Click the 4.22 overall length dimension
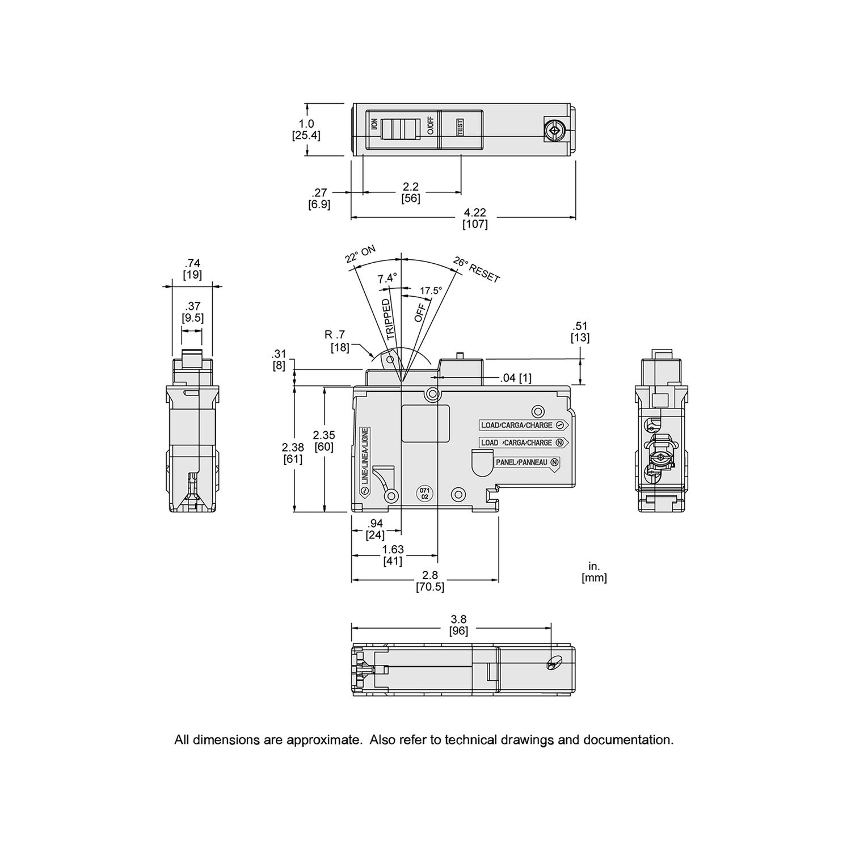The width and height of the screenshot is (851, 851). click(475, 218)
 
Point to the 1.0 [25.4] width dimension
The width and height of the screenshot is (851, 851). click(306, 129)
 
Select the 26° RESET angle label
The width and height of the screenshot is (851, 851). click(477, 269)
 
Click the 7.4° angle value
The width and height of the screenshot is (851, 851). click(387, 279)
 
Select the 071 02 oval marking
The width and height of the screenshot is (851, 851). click(424, 492)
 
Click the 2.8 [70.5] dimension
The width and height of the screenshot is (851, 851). click(429, 582)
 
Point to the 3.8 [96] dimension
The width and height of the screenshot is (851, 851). click(458, 625)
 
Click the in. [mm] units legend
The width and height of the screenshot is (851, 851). click(594, 572)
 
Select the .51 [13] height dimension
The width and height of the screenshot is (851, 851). click(580, 332)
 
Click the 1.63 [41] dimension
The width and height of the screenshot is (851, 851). click(393, 555)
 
